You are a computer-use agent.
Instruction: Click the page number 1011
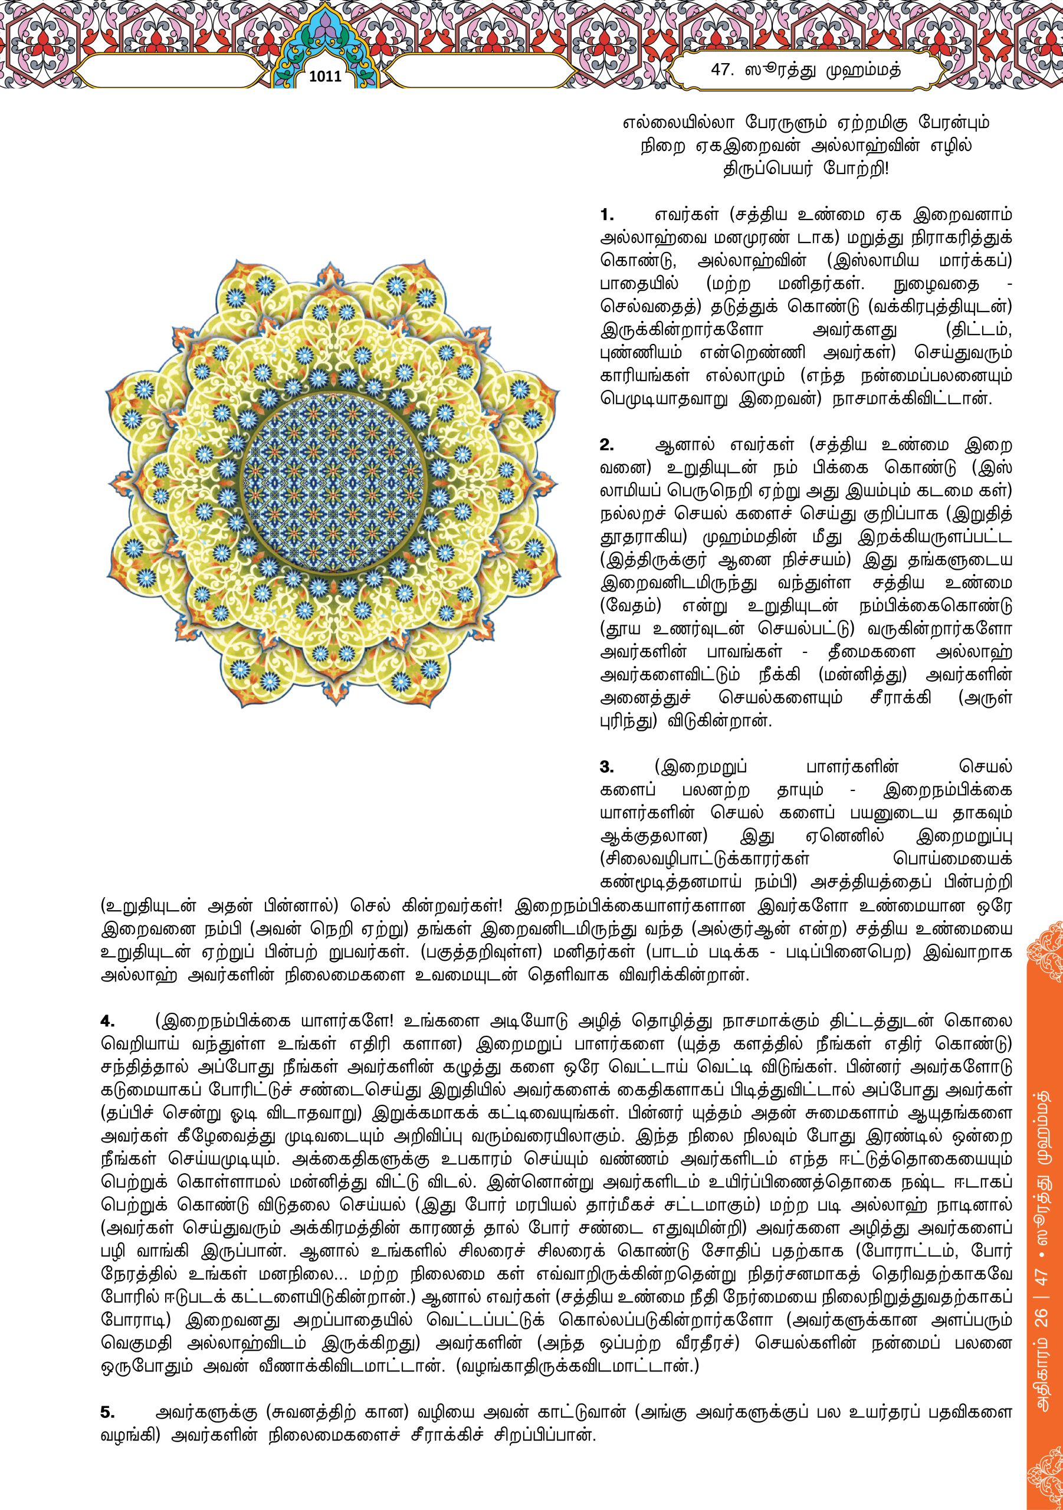pyautogui.click(x=325, y=76)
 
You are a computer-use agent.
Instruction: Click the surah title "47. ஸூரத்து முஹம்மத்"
pyautogui.click(x=806, y=70)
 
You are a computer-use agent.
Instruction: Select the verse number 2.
pyautogui.click(x=606, y=445)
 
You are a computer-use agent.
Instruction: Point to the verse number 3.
pyautogui.click(x=606, y=767)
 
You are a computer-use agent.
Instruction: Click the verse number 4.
pyautogui.click(x=107, y=1022)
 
